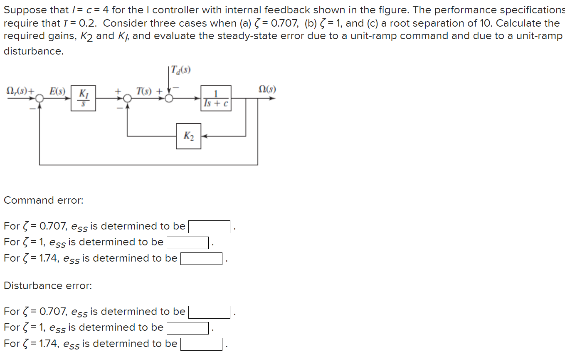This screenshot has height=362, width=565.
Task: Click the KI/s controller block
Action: tap(83, 99)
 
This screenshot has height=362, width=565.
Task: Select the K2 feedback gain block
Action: tap(188, 136)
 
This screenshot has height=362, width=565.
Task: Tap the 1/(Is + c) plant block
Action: tap(216, 99)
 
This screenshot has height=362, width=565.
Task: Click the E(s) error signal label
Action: tap(57, 90)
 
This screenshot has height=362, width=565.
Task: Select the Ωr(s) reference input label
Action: tap(17, 90)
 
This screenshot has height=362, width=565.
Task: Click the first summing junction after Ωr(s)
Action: tap(39, 99)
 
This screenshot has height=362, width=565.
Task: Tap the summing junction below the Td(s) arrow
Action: tap(169, 99)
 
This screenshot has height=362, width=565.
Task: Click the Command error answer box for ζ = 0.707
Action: tap(209, 227)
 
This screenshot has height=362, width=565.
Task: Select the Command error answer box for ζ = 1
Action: tap(188, 242)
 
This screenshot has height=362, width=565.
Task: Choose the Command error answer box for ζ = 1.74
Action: tap(201, 259)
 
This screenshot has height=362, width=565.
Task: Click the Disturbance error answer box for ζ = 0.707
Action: tap(209, 312)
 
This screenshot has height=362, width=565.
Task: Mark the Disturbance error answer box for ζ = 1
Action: tap(188, 328)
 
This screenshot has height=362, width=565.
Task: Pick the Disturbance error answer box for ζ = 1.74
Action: tap(201, 344)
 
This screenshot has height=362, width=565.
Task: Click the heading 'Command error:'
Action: tap(44, 200)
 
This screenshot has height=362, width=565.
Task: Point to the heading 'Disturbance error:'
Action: tap(48, 286)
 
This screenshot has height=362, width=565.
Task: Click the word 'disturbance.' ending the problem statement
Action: tap(34, 51)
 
